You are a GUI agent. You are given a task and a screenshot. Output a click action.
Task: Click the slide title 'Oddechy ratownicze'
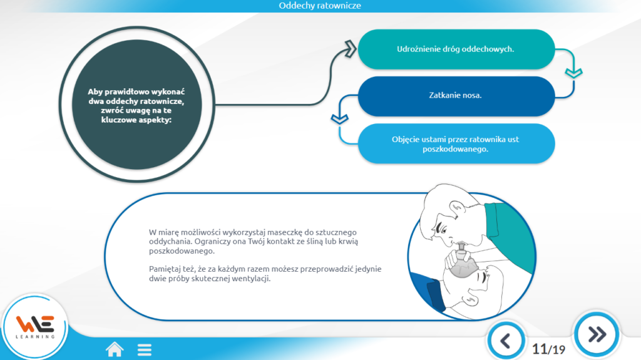pos(320,6)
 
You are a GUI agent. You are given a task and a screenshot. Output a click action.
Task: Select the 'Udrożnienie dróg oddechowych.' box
pos(456,49)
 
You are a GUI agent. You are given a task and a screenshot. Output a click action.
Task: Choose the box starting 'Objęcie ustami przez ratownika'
pos(456,143)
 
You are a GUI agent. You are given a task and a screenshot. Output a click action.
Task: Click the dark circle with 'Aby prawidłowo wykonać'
pos(136,105)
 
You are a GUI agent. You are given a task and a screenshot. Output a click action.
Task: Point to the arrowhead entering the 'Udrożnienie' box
pos(351,49)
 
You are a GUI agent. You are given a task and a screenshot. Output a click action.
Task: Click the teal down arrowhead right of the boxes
pos(573,73)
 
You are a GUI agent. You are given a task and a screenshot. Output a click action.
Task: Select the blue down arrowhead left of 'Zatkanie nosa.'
pos(339,119)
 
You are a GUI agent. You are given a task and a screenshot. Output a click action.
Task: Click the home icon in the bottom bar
pos(115,349)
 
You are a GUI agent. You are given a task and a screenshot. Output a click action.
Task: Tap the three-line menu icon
pos(145,350)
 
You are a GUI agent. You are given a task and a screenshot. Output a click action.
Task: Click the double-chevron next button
pos(597,334)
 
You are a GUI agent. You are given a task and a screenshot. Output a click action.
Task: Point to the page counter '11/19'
pos(548,349)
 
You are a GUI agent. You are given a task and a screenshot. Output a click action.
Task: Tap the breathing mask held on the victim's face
pos(463,263)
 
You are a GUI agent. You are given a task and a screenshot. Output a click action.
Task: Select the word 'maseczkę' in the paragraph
pos(285,232)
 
